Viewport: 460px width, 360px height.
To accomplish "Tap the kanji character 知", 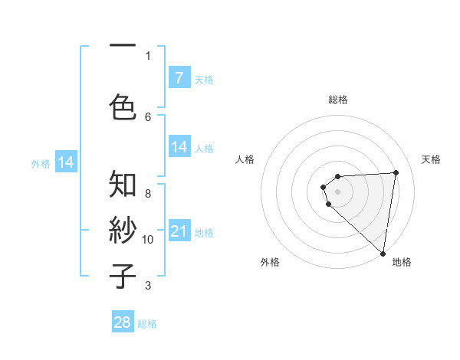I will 123,185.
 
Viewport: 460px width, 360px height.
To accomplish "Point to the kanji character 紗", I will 123,231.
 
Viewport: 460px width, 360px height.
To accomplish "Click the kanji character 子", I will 123,276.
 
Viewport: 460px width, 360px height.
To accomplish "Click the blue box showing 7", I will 179,77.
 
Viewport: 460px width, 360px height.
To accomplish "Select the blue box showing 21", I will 179,231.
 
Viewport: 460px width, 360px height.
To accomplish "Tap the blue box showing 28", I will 123,322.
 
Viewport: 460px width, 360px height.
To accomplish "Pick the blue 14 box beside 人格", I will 179,148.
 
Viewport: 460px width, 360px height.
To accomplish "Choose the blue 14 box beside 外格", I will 65,162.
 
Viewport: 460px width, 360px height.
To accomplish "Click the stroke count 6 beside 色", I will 148,116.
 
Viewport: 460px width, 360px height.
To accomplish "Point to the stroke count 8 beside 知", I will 148,193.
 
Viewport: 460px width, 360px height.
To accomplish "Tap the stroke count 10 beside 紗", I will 148,240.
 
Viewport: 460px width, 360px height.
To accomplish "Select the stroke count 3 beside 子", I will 148,286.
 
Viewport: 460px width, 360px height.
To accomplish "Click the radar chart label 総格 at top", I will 338,100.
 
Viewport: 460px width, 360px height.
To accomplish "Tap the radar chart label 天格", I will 432,159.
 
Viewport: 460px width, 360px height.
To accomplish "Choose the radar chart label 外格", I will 270,263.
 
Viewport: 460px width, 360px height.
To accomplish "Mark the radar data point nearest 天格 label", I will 396,172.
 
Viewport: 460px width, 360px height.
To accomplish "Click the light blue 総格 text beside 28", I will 147,324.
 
